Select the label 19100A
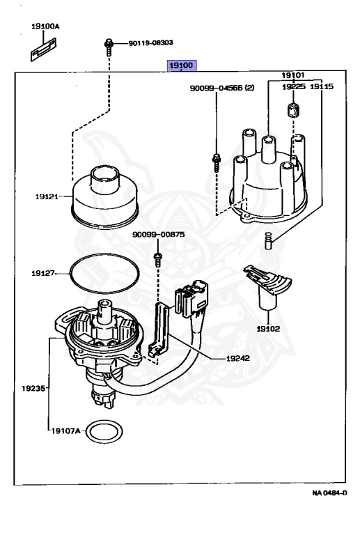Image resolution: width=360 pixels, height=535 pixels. [x=45, y=26]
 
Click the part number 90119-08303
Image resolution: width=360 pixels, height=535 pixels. [x=150, y=42]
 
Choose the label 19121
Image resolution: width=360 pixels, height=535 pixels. [x=49, y=197]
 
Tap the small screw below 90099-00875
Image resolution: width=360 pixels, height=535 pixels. [x=157, y=259]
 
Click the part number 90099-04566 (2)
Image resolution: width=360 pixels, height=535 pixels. [x=222, y=88]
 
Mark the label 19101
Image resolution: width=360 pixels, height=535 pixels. [x=293, y=75]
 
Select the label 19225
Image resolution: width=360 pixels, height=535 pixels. [x=293, y=87]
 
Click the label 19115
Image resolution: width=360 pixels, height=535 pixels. [x=321, y=87]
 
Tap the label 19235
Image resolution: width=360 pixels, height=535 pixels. [x=33, y=387]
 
